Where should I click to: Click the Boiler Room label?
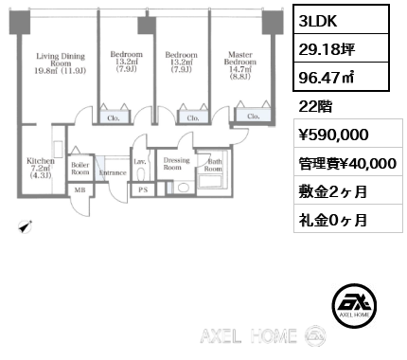(x=80, y=168)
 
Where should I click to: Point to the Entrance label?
(x=113, y=172)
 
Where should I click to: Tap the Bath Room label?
(x=214, y=166)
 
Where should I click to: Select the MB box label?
(x=80, y=189)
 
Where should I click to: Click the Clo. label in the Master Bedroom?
(x=253, y=116)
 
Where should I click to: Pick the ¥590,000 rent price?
(x=327, y=135)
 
